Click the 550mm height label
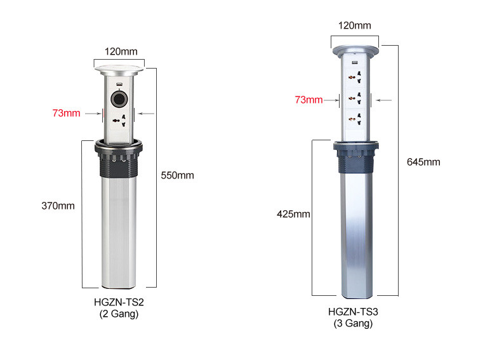pyautogui.click(x=178, y=175)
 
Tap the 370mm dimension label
pyautogui.click(x=58, y=206)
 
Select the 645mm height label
pyautogui.click(x=423, y=162)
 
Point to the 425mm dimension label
pyautogui.click(x=293, y=214)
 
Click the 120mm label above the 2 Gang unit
pyautogui.click(x=121, y=51)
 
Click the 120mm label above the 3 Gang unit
pyautogui.click(x=355, y=25)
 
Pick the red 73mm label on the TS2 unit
pyautogui.click(x=66, y=113)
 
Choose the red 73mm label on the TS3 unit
pyautogui.click(x=308, y=100)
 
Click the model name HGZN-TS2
pyautogui.click(x=119, y=302)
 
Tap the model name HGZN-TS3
pyautogui.click(x=353, y=312)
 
